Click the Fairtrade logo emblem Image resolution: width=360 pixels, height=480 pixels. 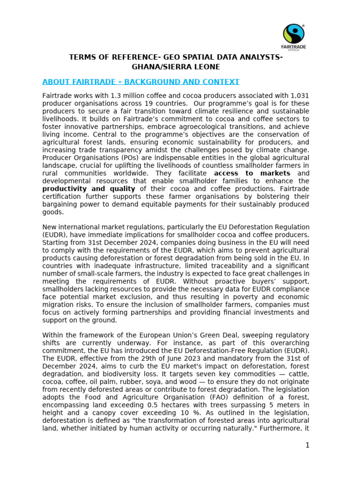tap(294, 34)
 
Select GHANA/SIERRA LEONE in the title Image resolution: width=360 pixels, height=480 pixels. tap(176, 67)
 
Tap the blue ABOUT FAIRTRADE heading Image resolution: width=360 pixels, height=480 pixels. tap(141, 82)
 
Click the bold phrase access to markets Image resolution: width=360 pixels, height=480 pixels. tap(252, 173)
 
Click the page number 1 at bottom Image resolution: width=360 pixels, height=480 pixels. tap(307, 445)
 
